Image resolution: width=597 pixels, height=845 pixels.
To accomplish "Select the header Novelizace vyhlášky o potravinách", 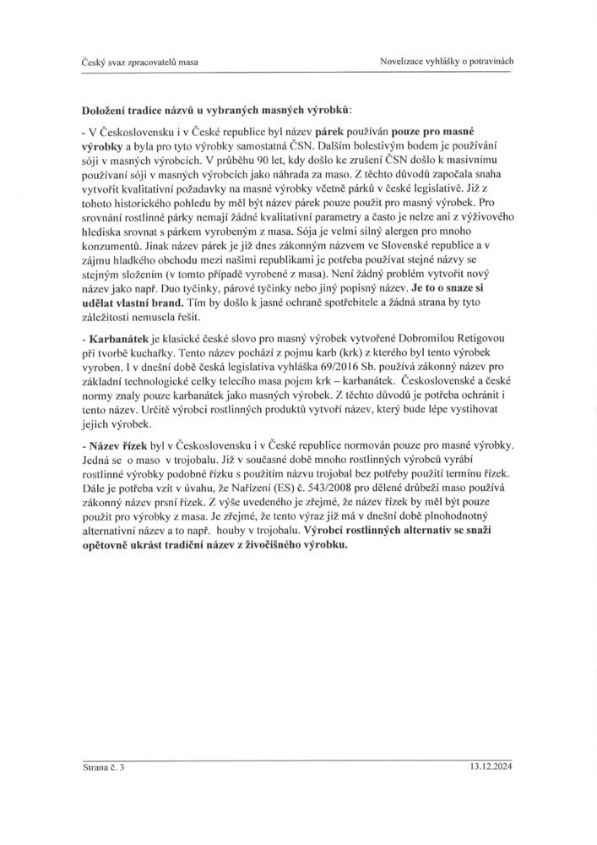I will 448,62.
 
